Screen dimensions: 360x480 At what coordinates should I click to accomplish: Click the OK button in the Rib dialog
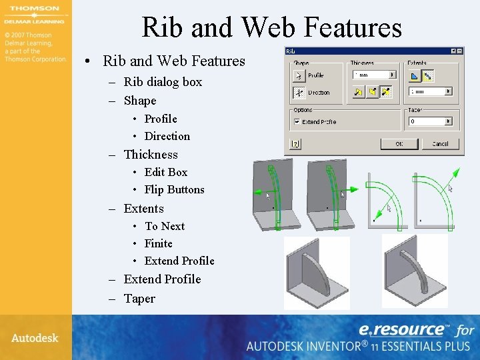pos(399,143)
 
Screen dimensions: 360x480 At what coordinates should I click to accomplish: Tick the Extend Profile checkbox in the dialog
pos(297,122)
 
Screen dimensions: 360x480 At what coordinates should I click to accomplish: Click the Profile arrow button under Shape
pos(299,75)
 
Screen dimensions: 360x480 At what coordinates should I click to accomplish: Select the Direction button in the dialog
pos(299,93)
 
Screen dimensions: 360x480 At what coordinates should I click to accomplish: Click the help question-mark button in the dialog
pos(294,143)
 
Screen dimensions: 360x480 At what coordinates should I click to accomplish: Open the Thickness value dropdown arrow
pos(392,75)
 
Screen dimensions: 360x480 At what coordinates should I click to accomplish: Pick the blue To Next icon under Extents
pos(413,75)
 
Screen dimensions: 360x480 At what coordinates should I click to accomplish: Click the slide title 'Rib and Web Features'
pos(271,27)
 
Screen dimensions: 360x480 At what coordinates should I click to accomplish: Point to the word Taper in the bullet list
pos(139,299)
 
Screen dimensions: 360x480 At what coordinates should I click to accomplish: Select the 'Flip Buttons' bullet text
pos(174,189)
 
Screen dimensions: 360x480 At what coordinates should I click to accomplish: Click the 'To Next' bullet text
pos(165,226)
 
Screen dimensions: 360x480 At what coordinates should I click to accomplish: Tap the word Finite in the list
pos(159,243)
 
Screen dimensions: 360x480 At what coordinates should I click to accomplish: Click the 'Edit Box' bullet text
pos(166,172)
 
